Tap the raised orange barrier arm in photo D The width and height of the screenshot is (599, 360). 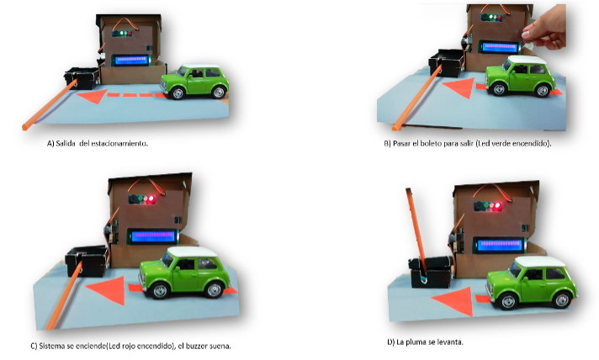click(416, 228)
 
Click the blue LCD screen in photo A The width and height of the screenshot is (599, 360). click(130, 60)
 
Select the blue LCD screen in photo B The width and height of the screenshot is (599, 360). click(499, 47)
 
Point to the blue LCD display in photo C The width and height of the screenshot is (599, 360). click(153, 236)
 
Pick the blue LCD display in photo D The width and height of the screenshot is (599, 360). click(499, 244)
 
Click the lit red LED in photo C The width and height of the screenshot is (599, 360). click(151, 199)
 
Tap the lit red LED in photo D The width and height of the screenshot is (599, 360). click(497, 206)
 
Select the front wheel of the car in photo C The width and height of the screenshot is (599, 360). click(159, 291)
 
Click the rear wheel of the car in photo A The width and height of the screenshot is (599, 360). click(219, 92)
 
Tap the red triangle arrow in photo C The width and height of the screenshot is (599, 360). click(109, 289)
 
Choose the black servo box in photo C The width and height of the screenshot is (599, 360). click(87, 261)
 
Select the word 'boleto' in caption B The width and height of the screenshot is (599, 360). click(432, 144)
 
